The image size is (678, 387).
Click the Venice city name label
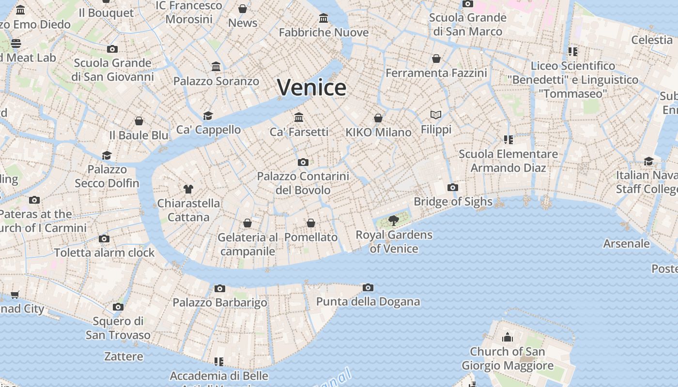311,88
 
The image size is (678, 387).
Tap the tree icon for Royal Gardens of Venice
394,221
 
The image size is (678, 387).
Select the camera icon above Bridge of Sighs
452,187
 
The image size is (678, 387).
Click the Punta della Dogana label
368,302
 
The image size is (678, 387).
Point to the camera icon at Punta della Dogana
368,288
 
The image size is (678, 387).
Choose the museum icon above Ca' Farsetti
299,117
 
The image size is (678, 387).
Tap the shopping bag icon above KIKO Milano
378,118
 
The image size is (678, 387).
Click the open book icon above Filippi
436,115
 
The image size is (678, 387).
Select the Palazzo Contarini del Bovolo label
303,183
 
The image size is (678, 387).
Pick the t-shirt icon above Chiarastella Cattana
188,189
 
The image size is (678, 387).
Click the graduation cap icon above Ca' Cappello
208,116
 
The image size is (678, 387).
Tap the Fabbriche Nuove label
324,32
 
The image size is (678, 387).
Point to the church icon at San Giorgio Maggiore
507,337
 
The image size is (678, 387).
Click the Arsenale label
626,243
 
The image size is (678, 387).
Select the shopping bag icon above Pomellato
311,223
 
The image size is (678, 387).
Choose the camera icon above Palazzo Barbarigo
220,288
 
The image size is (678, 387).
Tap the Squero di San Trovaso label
118,328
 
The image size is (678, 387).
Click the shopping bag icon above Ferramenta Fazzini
436,59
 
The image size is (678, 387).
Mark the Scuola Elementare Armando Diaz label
508,161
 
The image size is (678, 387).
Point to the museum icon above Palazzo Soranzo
216,66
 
